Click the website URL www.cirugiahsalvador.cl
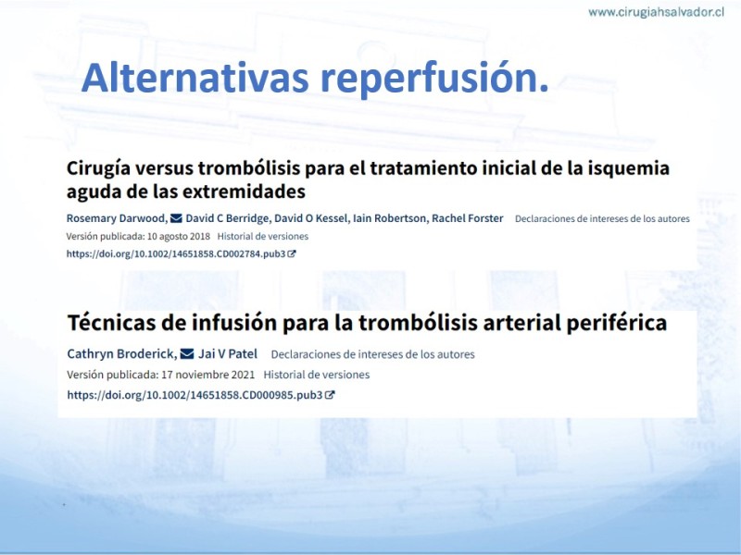[656, 12]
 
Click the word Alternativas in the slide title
[195, 78]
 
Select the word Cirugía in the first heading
[96, 168]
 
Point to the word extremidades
[244, 191]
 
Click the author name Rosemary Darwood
[117, 218]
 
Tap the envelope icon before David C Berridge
[176, 218]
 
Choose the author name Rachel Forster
[468, 218]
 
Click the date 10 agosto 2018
[179, 237]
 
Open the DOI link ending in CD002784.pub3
[176, 253]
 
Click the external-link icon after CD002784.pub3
[292, 253]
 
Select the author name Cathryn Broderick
[122, 354]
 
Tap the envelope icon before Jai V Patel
[187, 353]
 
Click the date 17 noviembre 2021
[207, 375]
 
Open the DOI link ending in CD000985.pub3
[195, 395]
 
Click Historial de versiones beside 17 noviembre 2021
[317, 375]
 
